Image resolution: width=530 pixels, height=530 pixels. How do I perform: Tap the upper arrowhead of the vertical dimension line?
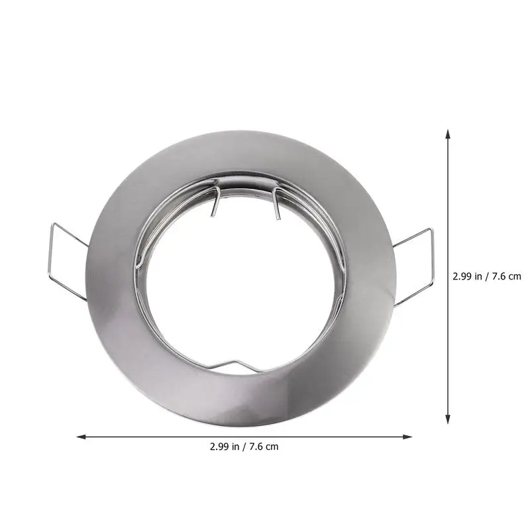pyautogui.click(x=448, y=134)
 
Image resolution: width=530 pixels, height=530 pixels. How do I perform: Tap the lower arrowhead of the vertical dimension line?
pyautogui.click(x=448, y=419)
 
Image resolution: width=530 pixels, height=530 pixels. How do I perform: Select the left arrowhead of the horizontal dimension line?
pyautogui.click(x=81, y=437)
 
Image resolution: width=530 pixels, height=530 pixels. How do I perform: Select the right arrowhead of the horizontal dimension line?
pyautogui.click(x=407, y=437)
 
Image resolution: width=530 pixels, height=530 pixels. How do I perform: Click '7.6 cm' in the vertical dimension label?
pyautogui.click(x=507, y=276)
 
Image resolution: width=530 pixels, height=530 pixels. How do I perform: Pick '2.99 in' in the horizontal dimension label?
pyautogui.click(x=225, y=447)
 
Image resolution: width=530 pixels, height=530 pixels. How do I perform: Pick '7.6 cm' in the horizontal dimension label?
pyautogui.click(x=264, y=447)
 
